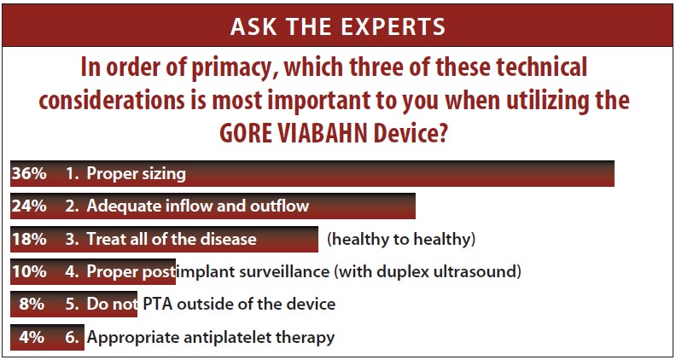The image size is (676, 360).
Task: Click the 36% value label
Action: [27, 174]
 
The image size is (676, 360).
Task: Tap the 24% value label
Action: [27, 206]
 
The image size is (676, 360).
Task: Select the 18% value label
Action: [27, 239]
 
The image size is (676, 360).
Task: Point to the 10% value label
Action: [27, 272]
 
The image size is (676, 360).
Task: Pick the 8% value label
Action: [31, 304]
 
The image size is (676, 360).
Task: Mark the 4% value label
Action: [31, 336]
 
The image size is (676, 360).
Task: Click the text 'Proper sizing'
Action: [136, 174]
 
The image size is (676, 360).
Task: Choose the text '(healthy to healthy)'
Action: [401, 239]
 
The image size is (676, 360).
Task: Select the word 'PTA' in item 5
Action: [155, 304]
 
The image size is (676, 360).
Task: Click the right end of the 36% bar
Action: [612, 174]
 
